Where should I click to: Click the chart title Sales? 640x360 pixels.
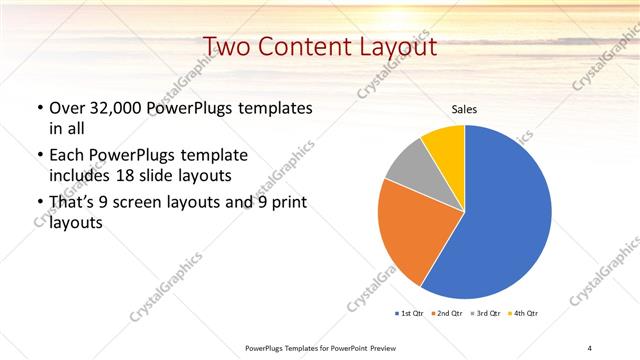(465, 108)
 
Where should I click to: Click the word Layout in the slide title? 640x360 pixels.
(395, 47)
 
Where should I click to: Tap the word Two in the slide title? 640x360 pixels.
(227, 47)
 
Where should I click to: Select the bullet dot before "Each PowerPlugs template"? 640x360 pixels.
(39, 157)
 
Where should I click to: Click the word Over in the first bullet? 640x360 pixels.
(67, 108)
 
